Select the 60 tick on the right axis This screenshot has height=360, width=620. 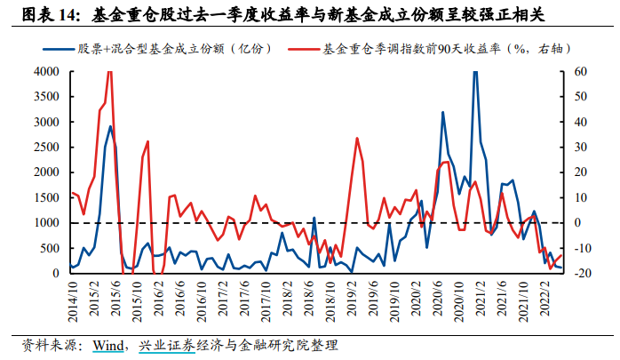tap(578, 71)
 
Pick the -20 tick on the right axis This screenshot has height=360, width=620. tap(578, 274)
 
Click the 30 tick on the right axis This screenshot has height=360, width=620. tap(578, 147)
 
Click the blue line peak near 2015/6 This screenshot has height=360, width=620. tap(110, 126)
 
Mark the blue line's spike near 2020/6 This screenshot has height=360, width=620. tap(442, 112)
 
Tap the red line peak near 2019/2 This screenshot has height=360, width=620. tap(356, 138)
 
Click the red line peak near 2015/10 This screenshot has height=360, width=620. tap(147, 141)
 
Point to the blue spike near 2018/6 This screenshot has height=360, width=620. tap(314, 217)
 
